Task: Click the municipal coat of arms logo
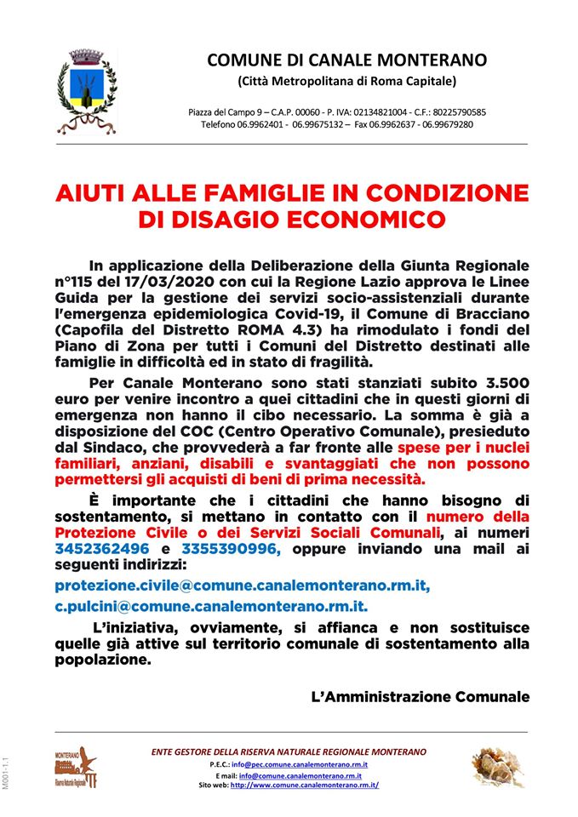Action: tap(87, 91)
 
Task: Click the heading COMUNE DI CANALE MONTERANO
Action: tap(346, 60)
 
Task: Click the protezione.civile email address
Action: tap(242, 586)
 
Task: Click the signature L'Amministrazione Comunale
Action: tap(421, 696)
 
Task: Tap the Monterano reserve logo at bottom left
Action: tap(76, 767)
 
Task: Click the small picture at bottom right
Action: tap(499, 767)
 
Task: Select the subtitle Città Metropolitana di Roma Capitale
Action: tap(346, 81)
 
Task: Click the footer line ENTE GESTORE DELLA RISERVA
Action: tap(289, 752)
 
